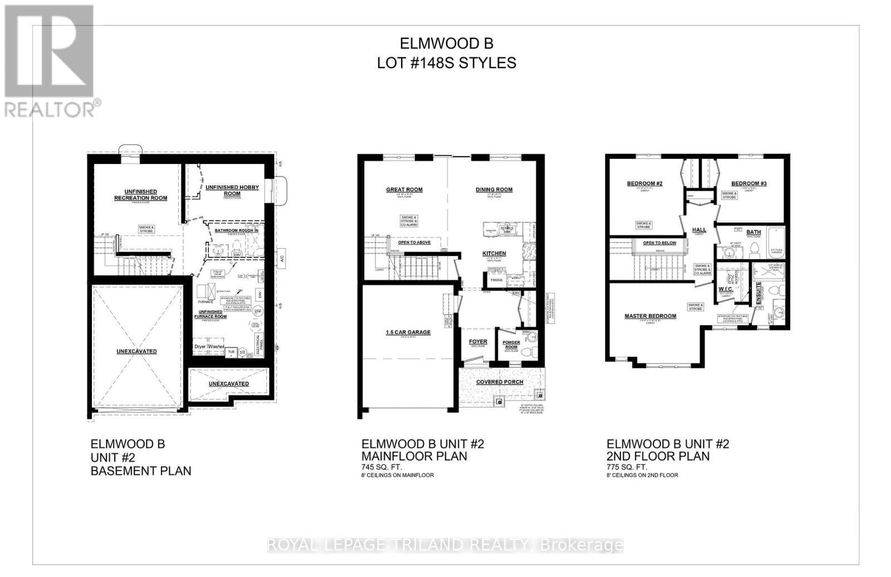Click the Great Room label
(x=404, y=190)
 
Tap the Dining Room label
(x=494, y=190)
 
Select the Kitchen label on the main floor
(x=494, y=254)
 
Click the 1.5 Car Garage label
(x=408, y=332)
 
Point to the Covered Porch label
(x=500, y=382)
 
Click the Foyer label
(x=478, y=342)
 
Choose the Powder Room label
(x=511, y=345)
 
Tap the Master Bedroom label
(x=650, y=316)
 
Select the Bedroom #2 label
(x=644, y=183)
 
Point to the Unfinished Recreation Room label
(x=140, y=195)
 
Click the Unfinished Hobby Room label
(x=232, y=190)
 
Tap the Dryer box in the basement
(x=200, y=347)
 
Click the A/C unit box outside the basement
(x=282, y=258)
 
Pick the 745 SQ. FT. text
(x=381, y=467)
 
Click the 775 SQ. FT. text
(x=626, y=467)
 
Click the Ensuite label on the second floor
(x=758, y=293)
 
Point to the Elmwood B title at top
(x=447, y=43)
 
